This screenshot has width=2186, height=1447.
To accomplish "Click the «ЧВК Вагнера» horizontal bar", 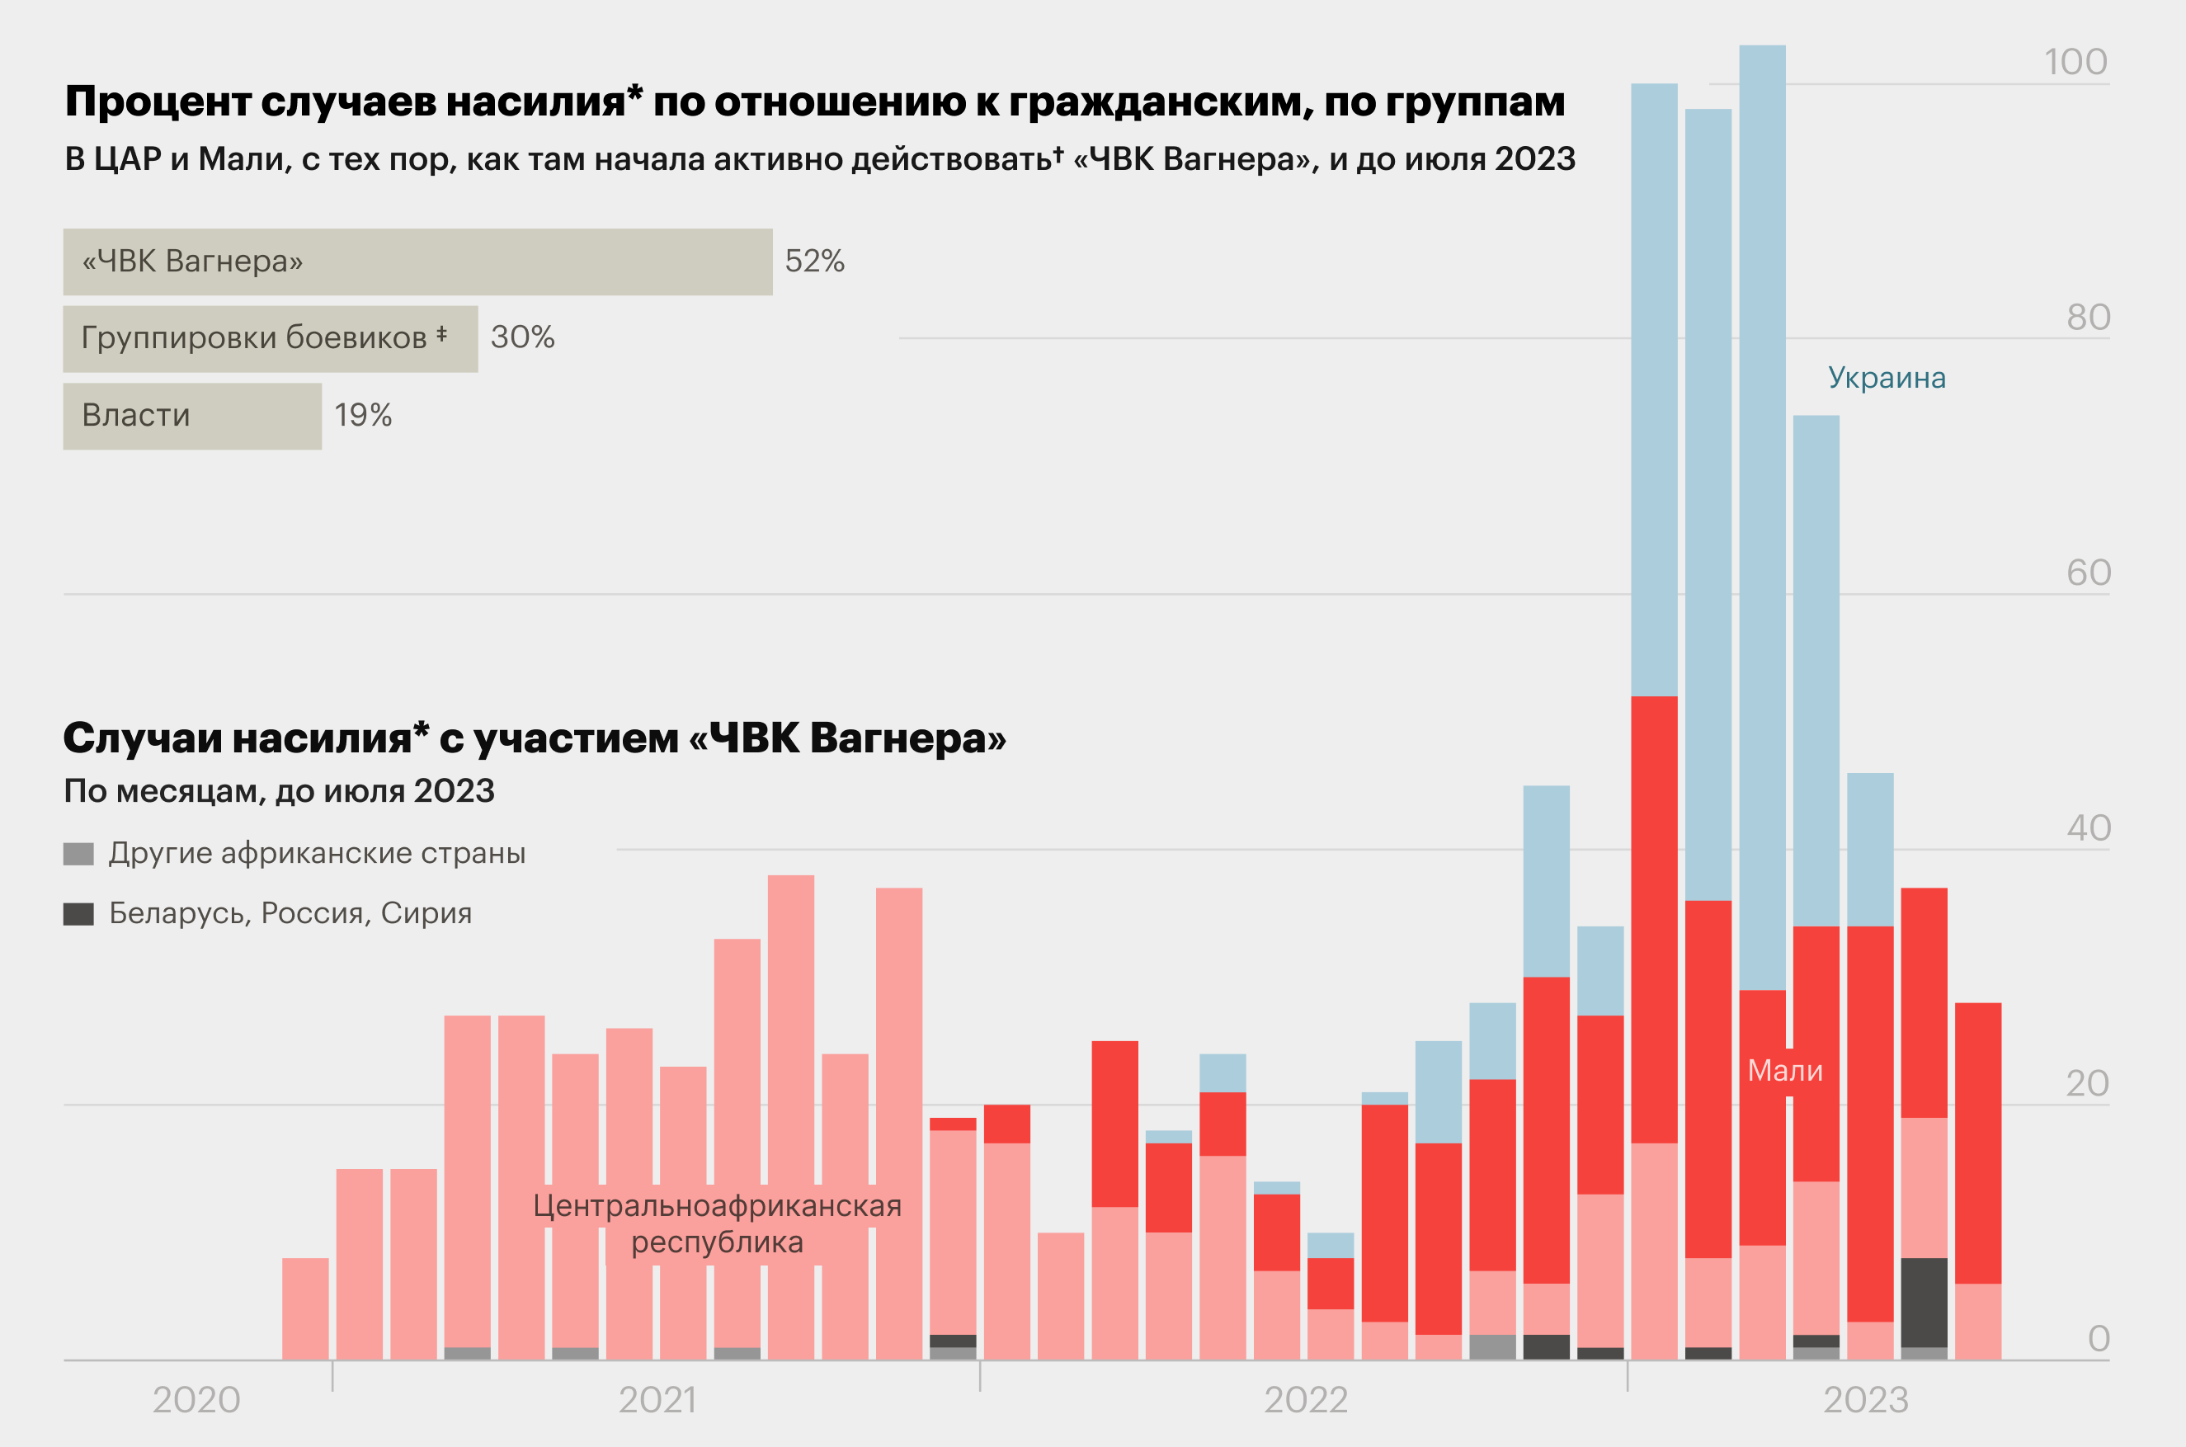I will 417,262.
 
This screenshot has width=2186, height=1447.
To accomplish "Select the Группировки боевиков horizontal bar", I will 271,339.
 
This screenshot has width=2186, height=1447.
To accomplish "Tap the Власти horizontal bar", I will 192,416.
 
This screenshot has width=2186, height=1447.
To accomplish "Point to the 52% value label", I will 814,262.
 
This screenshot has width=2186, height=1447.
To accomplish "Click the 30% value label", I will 522,337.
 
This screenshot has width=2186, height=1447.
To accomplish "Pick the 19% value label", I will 363,415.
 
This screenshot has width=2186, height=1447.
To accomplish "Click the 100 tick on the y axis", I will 2075,63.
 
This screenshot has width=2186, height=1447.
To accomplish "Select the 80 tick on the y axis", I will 2088,318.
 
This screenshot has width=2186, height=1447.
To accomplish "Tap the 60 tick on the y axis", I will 2088,573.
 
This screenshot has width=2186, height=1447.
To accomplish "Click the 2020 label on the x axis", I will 196,1400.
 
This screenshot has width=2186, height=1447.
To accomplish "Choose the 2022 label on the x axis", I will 1306,1400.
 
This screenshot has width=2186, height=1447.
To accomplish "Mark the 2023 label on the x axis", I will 1866,1400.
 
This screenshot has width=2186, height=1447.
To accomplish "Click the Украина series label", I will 1887,378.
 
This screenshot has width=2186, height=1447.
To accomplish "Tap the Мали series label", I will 1784,1071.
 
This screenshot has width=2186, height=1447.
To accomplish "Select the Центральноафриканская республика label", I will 717,1223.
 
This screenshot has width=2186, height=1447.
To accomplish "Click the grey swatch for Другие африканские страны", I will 78,854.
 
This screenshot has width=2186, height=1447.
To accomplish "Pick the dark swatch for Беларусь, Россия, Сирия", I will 78,913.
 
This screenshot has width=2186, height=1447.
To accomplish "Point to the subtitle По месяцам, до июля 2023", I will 279,791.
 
